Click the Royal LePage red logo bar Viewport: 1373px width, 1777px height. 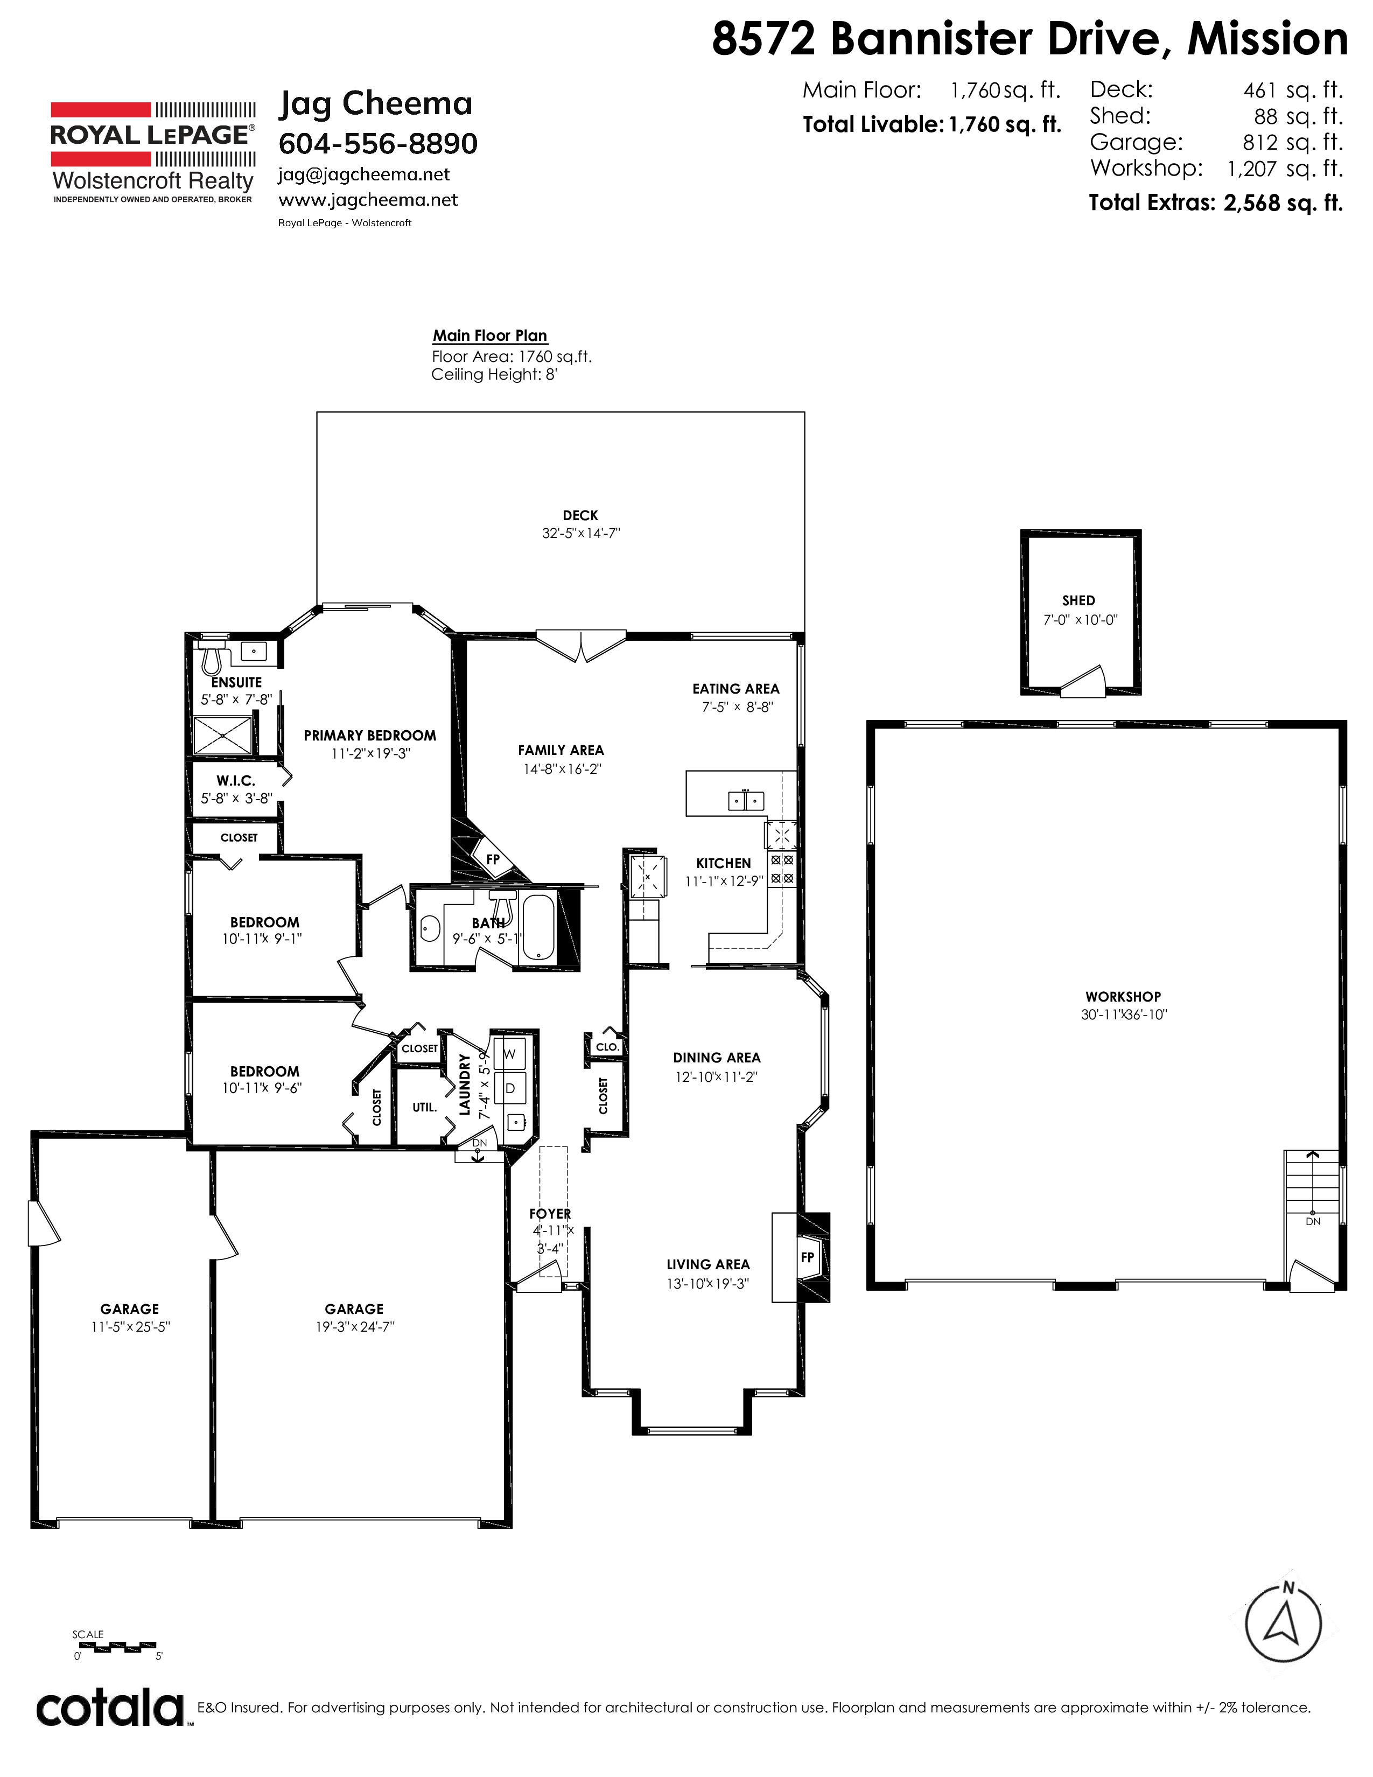(x=101, y=110)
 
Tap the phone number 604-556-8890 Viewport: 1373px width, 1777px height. (x=378, y=143)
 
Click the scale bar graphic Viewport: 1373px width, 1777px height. (x=115, y=1645)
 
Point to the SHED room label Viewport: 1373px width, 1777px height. (x=1078, y=600)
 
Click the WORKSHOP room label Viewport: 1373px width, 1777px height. (x=1123, y=997)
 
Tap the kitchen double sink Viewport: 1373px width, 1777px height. (x=746, y=801)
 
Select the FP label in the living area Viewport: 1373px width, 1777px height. (x=808, y=1257)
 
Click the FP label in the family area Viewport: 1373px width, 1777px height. (x=493, y=859)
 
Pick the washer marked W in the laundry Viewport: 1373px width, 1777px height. (x=510, y=1054)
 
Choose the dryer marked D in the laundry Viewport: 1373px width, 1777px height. (x=510, y=1088)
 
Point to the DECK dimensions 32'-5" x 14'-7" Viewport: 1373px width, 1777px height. (x=581, y=534)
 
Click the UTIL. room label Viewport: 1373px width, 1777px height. (x=425, y=1107)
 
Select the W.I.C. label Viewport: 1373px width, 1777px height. (x=236, y=780)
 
